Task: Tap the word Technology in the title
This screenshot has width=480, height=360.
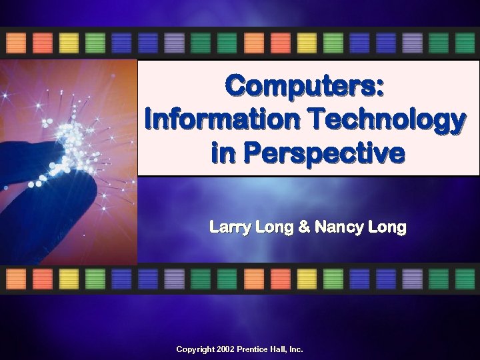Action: pos(386,120)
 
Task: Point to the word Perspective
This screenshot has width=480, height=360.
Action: pos(324,153)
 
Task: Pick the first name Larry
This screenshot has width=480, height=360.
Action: pos(230,228)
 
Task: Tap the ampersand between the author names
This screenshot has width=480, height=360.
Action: pos(304,228)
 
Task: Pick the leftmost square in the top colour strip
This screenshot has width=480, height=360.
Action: pos(16,43)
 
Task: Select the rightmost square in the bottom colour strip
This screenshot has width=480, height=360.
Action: pos(465,279)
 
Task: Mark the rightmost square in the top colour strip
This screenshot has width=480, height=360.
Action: pos(465,43)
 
